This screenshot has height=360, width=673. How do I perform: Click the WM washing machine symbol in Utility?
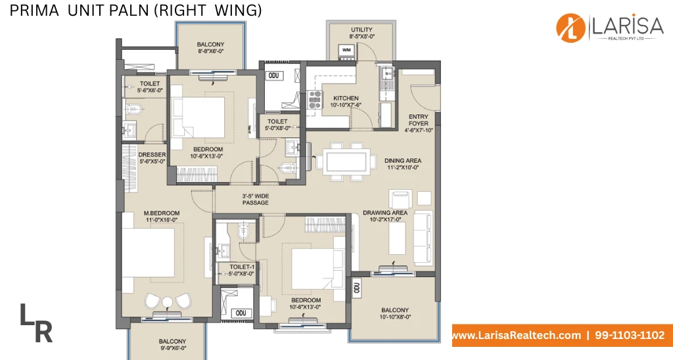pyautogui.click(x=346, y=51)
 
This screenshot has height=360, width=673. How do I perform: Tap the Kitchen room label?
pyautogui.click(x=346, y=99)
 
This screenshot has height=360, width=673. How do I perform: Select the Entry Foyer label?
pyautogui.click(x=419, y=120)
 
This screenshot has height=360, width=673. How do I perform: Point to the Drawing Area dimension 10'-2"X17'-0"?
pyautogui.click(x=385, y=219)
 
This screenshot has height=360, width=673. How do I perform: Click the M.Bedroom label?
pyautogui.click(x=162, y=214)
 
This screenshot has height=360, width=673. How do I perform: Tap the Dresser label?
pyautogui.click(x=152, y=155)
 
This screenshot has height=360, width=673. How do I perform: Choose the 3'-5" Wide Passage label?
pyautogui.click(x=256, y=199)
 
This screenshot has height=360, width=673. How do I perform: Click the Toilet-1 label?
pyautogui.click(x=242, y=267)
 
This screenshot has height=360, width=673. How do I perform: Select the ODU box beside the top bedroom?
pyautogui.click(x=274, y=76)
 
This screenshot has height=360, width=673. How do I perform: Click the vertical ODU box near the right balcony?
pyautogui.click(x=357, y=288)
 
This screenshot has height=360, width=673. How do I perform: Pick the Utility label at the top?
pyautogui.click(x=362, y=30)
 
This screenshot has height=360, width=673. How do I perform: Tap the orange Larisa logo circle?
pyautogui.click(x=571, y=28)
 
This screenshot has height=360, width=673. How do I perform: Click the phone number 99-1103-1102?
pyautogui.click(x=630, y=335)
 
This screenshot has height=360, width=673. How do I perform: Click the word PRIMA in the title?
pyautogui.click(x=34, y=11)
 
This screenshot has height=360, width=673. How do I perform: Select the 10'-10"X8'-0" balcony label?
pyautogui.click(x=395, y=317)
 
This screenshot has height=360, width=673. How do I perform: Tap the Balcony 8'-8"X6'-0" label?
pyautogui.click(x=211, y=48)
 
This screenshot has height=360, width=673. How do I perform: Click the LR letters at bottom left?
pyautogui.click(x=36, y=323)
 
